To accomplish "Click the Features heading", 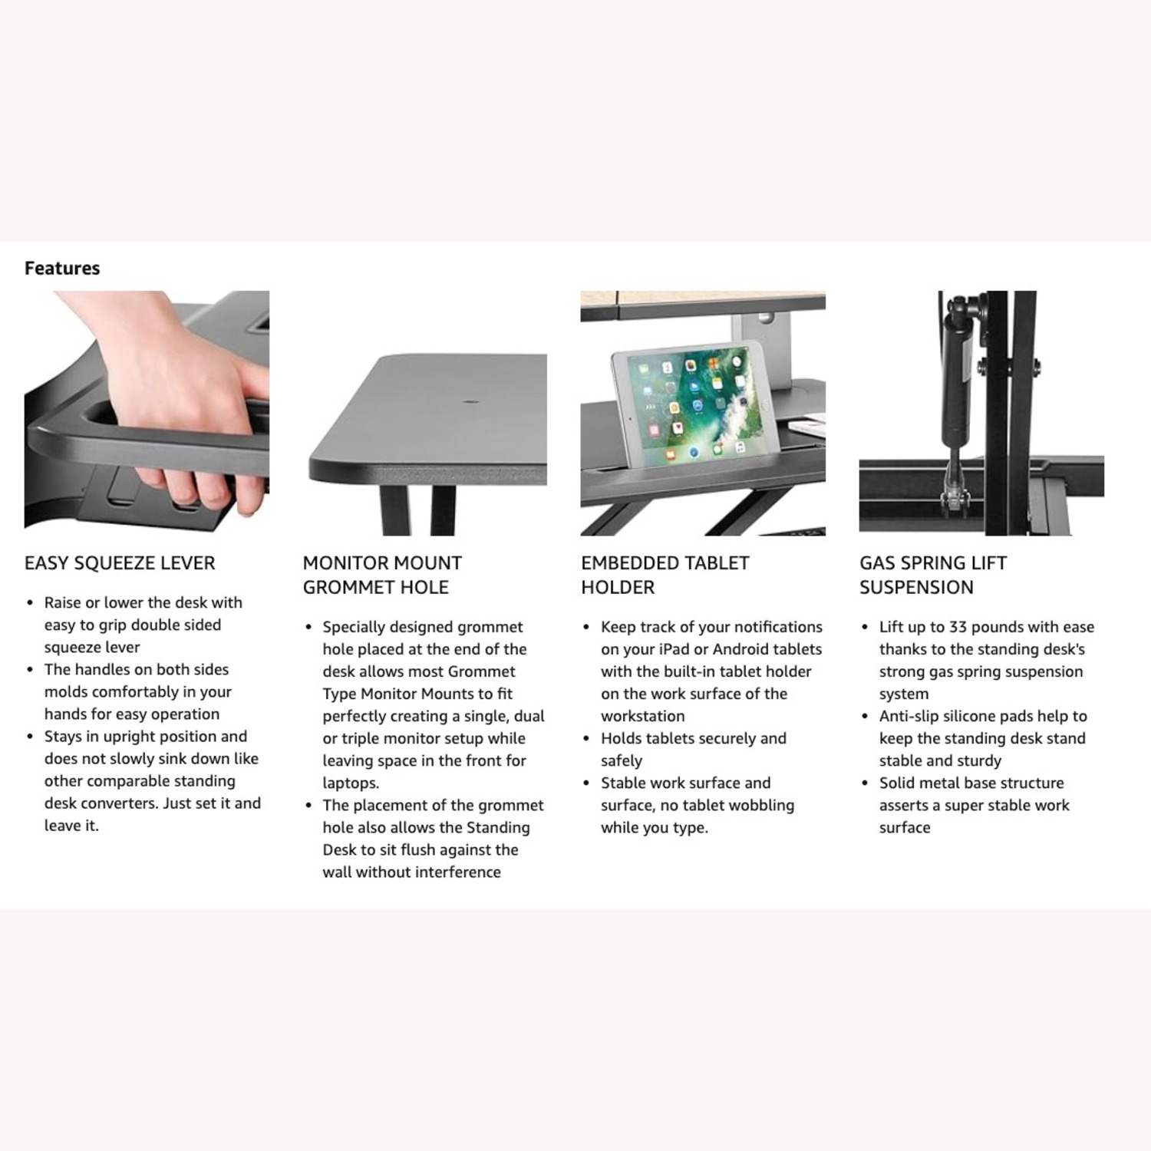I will [x=62, y=268].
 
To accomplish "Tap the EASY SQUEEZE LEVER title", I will [x=120, y=563].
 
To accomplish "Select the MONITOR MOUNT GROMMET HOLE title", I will [x=382, y=575].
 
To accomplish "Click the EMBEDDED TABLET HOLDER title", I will [x=665, y=575].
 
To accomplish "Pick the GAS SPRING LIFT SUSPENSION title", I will [x=932, y=575].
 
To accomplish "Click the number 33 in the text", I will [x=958, y=627].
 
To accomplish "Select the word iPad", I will [x=674, y=649].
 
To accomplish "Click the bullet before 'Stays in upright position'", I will [x=30, y=737].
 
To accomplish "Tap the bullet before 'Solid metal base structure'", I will [x=866, y=783].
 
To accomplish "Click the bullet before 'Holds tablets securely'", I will [x=587, y=739].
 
